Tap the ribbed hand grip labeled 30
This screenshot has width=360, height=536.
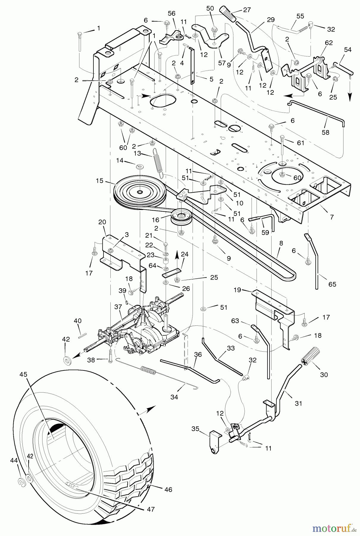(310, 357)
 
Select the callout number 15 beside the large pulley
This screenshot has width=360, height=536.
(99, 181)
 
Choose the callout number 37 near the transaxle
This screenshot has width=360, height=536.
(118, 307)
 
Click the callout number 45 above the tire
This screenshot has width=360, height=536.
(24, 374)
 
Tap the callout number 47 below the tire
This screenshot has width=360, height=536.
(151, 509)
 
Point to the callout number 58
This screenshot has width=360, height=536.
(326, 132)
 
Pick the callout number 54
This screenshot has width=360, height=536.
(348, 50)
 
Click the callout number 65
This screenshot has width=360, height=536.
(332, 284)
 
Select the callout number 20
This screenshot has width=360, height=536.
(102, 222)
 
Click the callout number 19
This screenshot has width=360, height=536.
(237, 290)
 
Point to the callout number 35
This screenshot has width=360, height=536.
(195, 429)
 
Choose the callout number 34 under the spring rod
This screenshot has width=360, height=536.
(174, 397)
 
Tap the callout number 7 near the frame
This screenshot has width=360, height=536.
(331, 217)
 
